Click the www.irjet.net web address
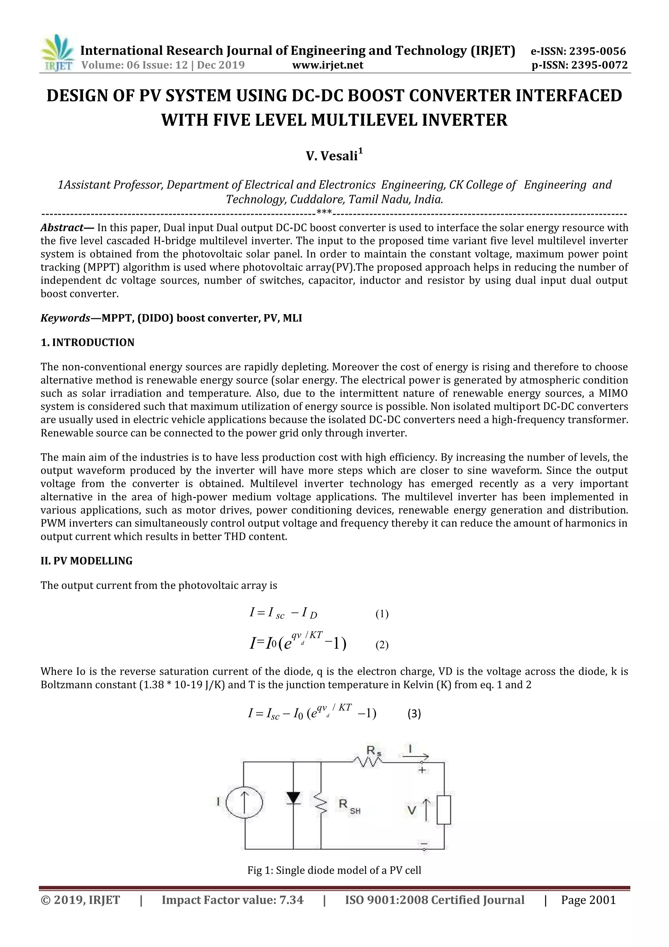328,65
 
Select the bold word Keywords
65,318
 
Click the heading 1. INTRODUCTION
88,342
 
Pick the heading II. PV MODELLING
87,561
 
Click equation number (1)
382,614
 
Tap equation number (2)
382,645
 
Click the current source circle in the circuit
244,802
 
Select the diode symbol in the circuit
293,798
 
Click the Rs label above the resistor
373,752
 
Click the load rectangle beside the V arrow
444,810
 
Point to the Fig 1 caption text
334,870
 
